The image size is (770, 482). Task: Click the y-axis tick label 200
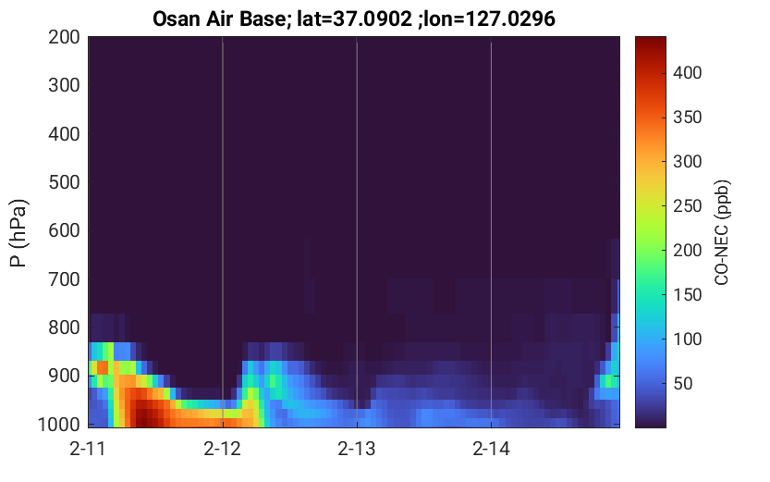[x=64, y=37]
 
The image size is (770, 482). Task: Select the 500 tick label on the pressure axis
[x=64, y=182]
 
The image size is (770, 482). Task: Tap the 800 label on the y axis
[x=64, y=328]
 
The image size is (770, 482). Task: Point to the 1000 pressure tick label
[x=59, y=424]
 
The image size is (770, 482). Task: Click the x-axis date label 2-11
[x=88, y=449]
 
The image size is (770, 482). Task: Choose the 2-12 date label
[x=223, y=449]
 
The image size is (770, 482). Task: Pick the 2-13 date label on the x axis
[x=357, y=449]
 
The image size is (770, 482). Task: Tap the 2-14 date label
[x=491, y=449]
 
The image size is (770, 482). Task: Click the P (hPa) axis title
[x=18, y=233]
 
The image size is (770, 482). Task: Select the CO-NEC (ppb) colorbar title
[x=722, y=232]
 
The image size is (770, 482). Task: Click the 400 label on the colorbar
[x=687, y=73]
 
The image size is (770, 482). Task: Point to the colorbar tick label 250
[x=687, y=206]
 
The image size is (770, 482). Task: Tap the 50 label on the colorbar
[x=683, y=383]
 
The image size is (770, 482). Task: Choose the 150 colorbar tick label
[x=687, y=295]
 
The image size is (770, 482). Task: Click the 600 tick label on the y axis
[x=64, y=230]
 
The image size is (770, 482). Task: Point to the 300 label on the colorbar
[x=687, y=162]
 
